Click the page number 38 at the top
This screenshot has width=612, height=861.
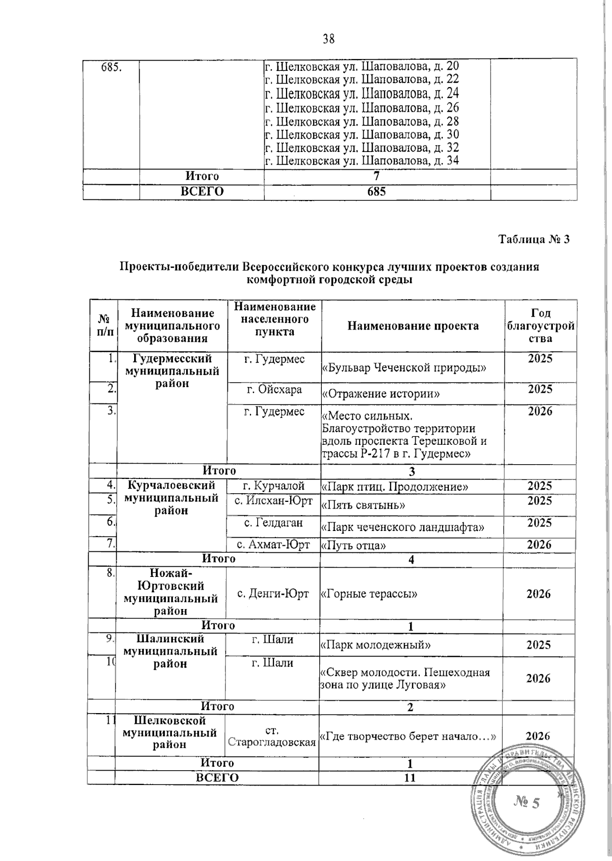point(328,38)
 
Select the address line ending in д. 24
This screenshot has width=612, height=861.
point(362,93)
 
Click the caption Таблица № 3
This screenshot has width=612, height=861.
point(533,239)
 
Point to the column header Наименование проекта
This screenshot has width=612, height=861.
point(413,325)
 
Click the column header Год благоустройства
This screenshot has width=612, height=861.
point(540,325)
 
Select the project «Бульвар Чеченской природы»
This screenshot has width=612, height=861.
point(403,367)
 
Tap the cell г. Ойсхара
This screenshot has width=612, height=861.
point(274,390)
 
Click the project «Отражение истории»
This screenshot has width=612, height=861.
point(381,394)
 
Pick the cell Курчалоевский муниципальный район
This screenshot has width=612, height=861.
point(171,498)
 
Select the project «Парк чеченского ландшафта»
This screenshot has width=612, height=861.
point(402,526)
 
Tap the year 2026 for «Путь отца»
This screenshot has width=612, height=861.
point(539,545)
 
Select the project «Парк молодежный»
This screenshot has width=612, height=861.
point(375,645)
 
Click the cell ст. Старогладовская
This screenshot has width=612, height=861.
point(272,736)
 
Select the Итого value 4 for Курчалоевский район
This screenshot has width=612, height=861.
point(411,560)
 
